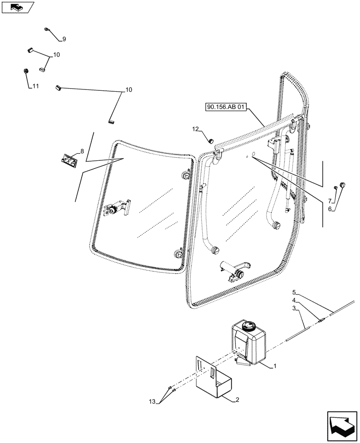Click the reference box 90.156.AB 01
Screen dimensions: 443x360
click(226, 107)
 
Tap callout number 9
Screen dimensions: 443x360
click(64, 39)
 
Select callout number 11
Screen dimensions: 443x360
click(35, 86)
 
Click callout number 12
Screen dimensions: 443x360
click(196, 129)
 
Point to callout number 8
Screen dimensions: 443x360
click(82, 152)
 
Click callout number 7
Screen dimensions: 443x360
click(330, 200)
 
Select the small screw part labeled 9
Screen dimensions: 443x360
click(47, 30)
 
